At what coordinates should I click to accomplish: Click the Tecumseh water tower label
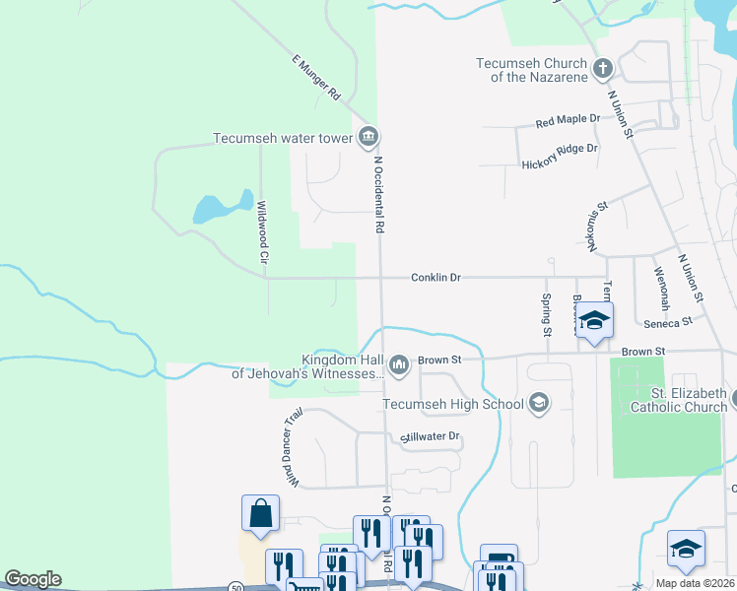[x=283, y=139]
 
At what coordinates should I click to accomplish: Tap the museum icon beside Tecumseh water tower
[x=368, y=135]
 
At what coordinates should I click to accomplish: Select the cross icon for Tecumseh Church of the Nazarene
[x=603, y=69]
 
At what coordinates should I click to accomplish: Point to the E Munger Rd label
[x=315, y=78]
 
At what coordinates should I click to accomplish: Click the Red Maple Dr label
[x=568, y=120]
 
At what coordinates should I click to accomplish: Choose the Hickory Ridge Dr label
[x=560, y=149]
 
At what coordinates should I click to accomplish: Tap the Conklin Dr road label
[x=435, y=278]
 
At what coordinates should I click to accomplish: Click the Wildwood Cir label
[x=263, y=231]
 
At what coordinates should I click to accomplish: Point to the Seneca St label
[x=668, y=321]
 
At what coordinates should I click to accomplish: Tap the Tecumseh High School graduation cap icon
[x=538, y=402]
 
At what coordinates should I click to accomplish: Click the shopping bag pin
[x=260, y=513]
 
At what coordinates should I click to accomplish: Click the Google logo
[x=32, y=579]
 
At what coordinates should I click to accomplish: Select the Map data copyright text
[x=694, y=583]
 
